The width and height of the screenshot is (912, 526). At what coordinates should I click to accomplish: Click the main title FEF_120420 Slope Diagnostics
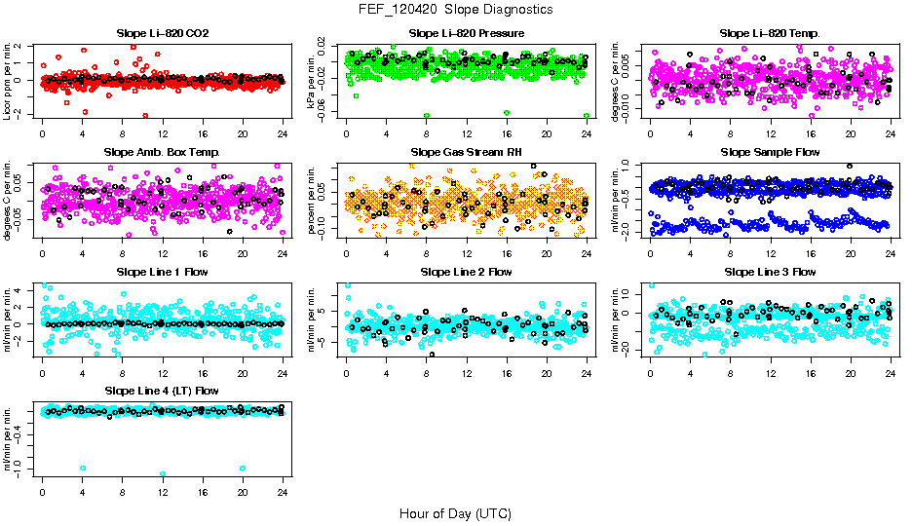(455, 9)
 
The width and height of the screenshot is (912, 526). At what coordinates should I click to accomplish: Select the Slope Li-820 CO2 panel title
(162, 33)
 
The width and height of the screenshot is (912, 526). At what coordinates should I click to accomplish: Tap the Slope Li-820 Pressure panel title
(467, 33)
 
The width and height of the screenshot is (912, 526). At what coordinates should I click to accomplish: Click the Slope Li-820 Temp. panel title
(770, 33)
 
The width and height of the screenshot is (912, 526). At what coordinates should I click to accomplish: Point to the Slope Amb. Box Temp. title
(162, 152)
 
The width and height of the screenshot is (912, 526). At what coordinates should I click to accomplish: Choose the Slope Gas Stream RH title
(467, 152)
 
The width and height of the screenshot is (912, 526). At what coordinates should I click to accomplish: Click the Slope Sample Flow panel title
(770, 152)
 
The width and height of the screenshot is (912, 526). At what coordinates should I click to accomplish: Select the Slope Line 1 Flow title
(162, 272)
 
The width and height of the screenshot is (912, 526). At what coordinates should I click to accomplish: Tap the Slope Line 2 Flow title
(467, 272)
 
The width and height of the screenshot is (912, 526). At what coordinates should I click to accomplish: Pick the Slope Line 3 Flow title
(770, 272)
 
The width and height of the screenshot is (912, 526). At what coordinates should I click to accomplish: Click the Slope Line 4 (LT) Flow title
(162, 391)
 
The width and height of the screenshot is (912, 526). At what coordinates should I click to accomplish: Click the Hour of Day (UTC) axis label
(455, 513)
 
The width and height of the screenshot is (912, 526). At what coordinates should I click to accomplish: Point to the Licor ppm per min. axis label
(8, 82)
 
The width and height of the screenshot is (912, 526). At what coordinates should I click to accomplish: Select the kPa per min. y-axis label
(313, 82)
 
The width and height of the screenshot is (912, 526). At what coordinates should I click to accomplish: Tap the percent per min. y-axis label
(313, 201)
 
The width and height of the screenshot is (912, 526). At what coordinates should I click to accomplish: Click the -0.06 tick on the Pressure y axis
(331, 114)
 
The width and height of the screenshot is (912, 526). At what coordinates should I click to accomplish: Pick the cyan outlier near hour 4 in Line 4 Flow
(83, 469)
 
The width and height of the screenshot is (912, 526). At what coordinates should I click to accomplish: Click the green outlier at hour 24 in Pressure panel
(587, 115)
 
